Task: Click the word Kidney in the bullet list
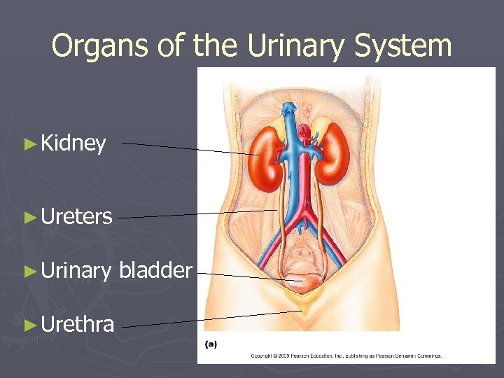pyautogui.click(x=73, y=144)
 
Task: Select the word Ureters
pyautogui.click(x=76, y=217)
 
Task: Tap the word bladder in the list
pyautogui.click(x=155, y=270)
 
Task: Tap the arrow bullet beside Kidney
pyautogui.click(x=29, y=144)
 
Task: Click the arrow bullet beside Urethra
pyautogui.click(x=29, y=325)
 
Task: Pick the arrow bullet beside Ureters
pyautogui.click(x=29, y=217)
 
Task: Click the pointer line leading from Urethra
pyautogui.click(x=210, y=319)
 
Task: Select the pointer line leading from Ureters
pyautogui.click(x=196, y=214)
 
